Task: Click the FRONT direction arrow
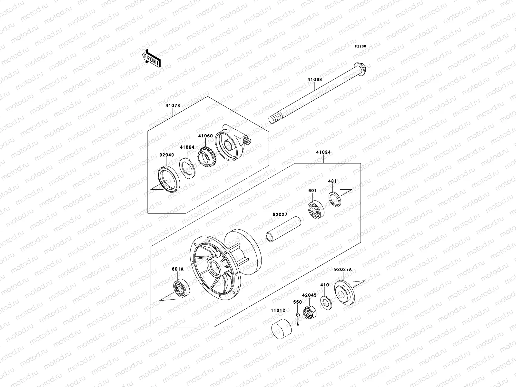pos(156,58)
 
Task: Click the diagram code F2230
pos(361,46)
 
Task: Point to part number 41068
pos(315,79)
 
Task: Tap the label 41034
pos(323,152)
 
